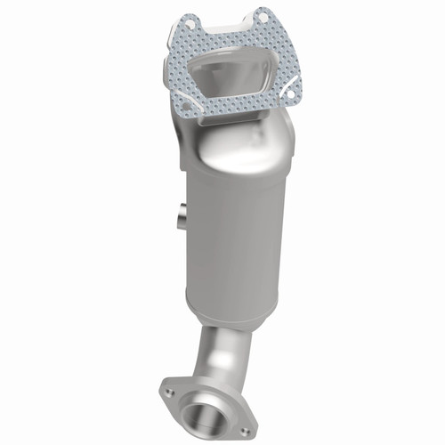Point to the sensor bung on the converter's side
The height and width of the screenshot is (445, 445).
click(x=181, y=214)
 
